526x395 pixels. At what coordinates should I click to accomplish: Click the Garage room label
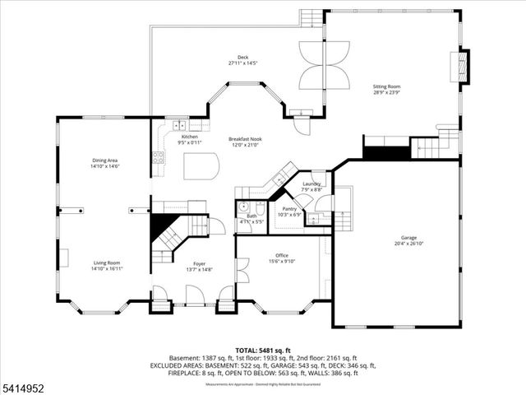click(408, 238)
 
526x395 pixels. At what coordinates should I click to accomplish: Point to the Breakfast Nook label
click(244, 140)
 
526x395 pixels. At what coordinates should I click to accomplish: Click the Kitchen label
click(190, 137)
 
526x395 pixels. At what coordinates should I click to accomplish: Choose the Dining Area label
click(105, 160)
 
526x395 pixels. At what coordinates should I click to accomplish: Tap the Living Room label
click(106, 263)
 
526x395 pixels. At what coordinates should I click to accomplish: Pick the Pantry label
click(289, 209)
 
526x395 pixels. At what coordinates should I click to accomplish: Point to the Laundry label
click(311, 184)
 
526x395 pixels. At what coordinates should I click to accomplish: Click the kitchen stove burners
click(157, 154)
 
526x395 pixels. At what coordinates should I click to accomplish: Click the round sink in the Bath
click(243, 207)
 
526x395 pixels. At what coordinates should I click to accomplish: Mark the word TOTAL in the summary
click(250, 350)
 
